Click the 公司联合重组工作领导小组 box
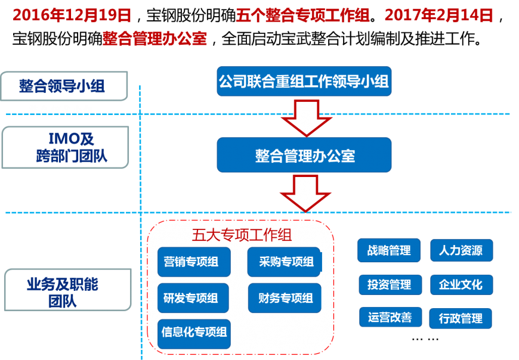304,81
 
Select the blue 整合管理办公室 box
304,156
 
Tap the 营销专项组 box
191,262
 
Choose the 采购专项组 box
284,262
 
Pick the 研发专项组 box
191,298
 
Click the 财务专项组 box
285,298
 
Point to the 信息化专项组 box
194,333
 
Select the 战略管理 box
389,250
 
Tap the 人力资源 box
461,250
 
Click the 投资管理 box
389,285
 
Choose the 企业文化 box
461,285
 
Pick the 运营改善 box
390,317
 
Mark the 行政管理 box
461,318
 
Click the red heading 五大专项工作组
242,234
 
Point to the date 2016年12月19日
72,15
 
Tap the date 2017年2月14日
438,15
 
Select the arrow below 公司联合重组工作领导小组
306,117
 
